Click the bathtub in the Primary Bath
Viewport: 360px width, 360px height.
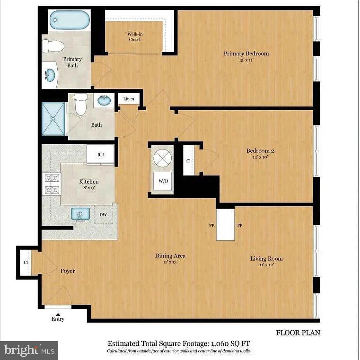tap(70, 20)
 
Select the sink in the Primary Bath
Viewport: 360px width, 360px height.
tap(49, 75)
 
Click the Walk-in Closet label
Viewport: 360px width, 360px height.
tap(135, 36)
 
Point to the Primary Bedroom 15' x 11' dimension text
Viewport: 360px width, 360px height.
tap(246, 61)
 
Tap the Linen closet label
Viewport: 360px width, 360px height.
tap(129, 99)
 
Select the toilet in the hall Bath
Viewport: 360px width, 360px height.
tap(81, 104)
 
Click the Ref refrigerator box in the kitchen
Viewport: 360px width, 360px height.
tap(100, 154)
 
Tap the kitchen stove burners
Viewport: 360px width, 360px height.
tap(52, 184)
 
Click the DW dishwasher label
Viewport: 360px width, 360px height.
tap(103, 215)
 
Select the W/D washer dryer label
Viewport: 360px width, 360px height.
tap(162, 180)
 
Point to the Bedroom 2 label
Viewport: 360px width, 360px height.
tap(260, 151)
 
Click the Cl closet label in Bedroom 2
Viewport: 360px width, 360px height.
tap(188, 161)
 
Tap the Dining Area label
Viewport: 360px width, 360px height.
tap(170, 256)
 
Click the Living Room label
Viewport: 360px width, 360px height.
tap(266, 259)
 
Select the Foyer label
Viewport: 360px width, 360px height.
tap(68, 271)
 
